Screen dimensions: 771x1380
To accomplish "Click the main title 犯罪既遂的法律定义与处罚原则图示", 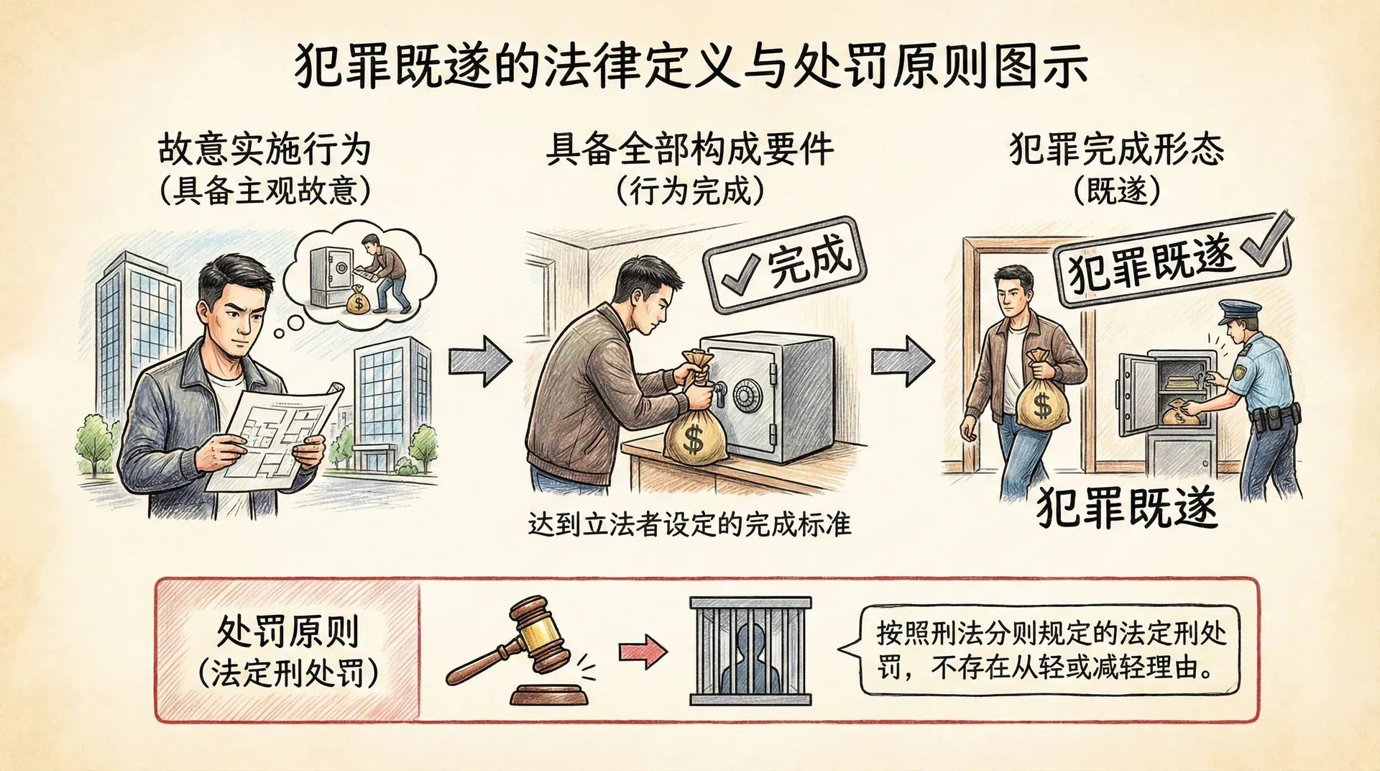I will pos(690,66).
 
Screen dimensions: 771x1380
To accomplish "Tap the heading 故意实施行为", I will pos(264,150).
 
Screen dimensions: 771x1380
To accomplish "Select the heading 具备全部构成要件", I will pos(689,150).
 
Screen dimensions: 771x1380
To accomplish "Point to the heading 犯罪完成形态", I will pos(1116,150).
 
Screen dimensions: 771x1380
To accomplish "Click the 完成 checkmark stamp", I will pos(786,265).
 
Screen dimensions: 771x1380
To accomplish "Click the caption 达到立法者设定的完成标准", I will pos(689,524).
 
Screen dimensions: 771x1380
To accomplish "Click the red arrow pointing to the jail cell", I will pos(643,652).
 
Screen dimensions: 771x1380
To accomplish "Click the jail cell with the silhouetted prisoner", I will pos(750,651).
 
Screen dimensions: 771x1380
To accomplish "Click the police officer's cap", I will pos(1240,311).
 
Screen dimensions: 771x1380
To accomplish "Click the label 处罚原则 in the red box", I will pos(287,631).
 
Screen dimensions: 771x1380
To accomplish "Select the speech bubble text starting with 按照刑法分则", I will pos(1051,651).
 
